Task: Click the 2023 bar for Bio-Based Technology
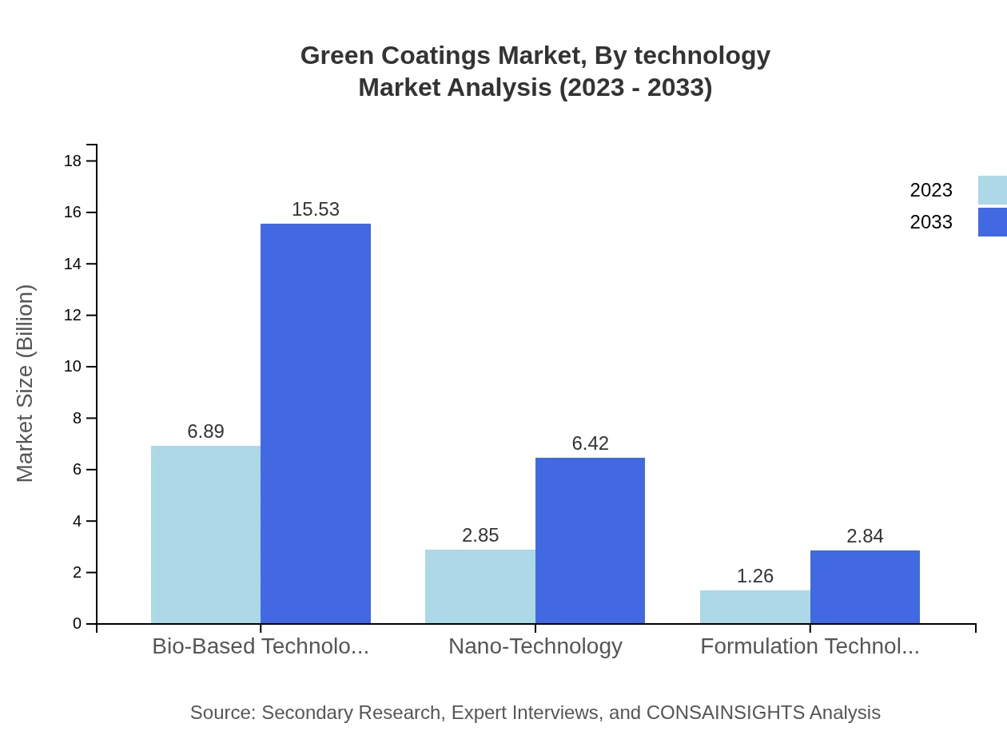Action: [205, 534]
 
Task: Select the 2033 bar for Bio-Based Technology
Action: [316, 423]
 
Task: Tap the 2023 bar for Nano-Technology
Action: [480, 586]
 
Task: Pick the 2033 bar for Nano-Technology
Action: [590, 540]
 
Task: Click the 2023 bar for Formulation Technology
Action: [754, 606]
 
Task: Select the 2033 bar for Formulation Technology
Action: [865, 586]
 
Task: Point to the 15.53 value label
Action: [316, 209]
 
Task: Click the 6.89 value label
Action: [205, 431]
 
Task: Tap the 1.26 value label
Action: [754, 576]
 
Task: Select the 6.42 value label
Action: [590, 443]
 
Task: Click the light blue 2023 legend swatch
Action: [992, 190]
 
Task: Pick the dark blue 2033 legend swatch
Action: [992, 222]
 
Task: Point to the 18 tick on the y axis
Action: [73, 161]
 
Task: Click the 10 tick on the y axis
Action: [73, 367]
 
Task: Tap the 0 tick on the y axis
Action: [77, 623]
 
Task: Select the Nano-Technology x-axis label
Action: [535, 646]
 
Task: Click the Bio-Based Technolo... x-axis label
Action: [261, 646]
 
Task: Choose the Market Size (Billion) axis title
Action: [25, 383]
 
